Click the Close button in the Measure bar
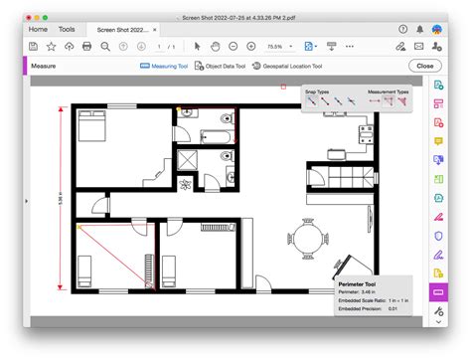[425, 66]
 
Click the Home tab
[38, 30]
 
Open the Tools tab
[67, 30]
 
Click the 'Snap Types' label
[317, 90]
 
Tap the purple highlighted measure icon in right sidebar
[437, 292]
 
